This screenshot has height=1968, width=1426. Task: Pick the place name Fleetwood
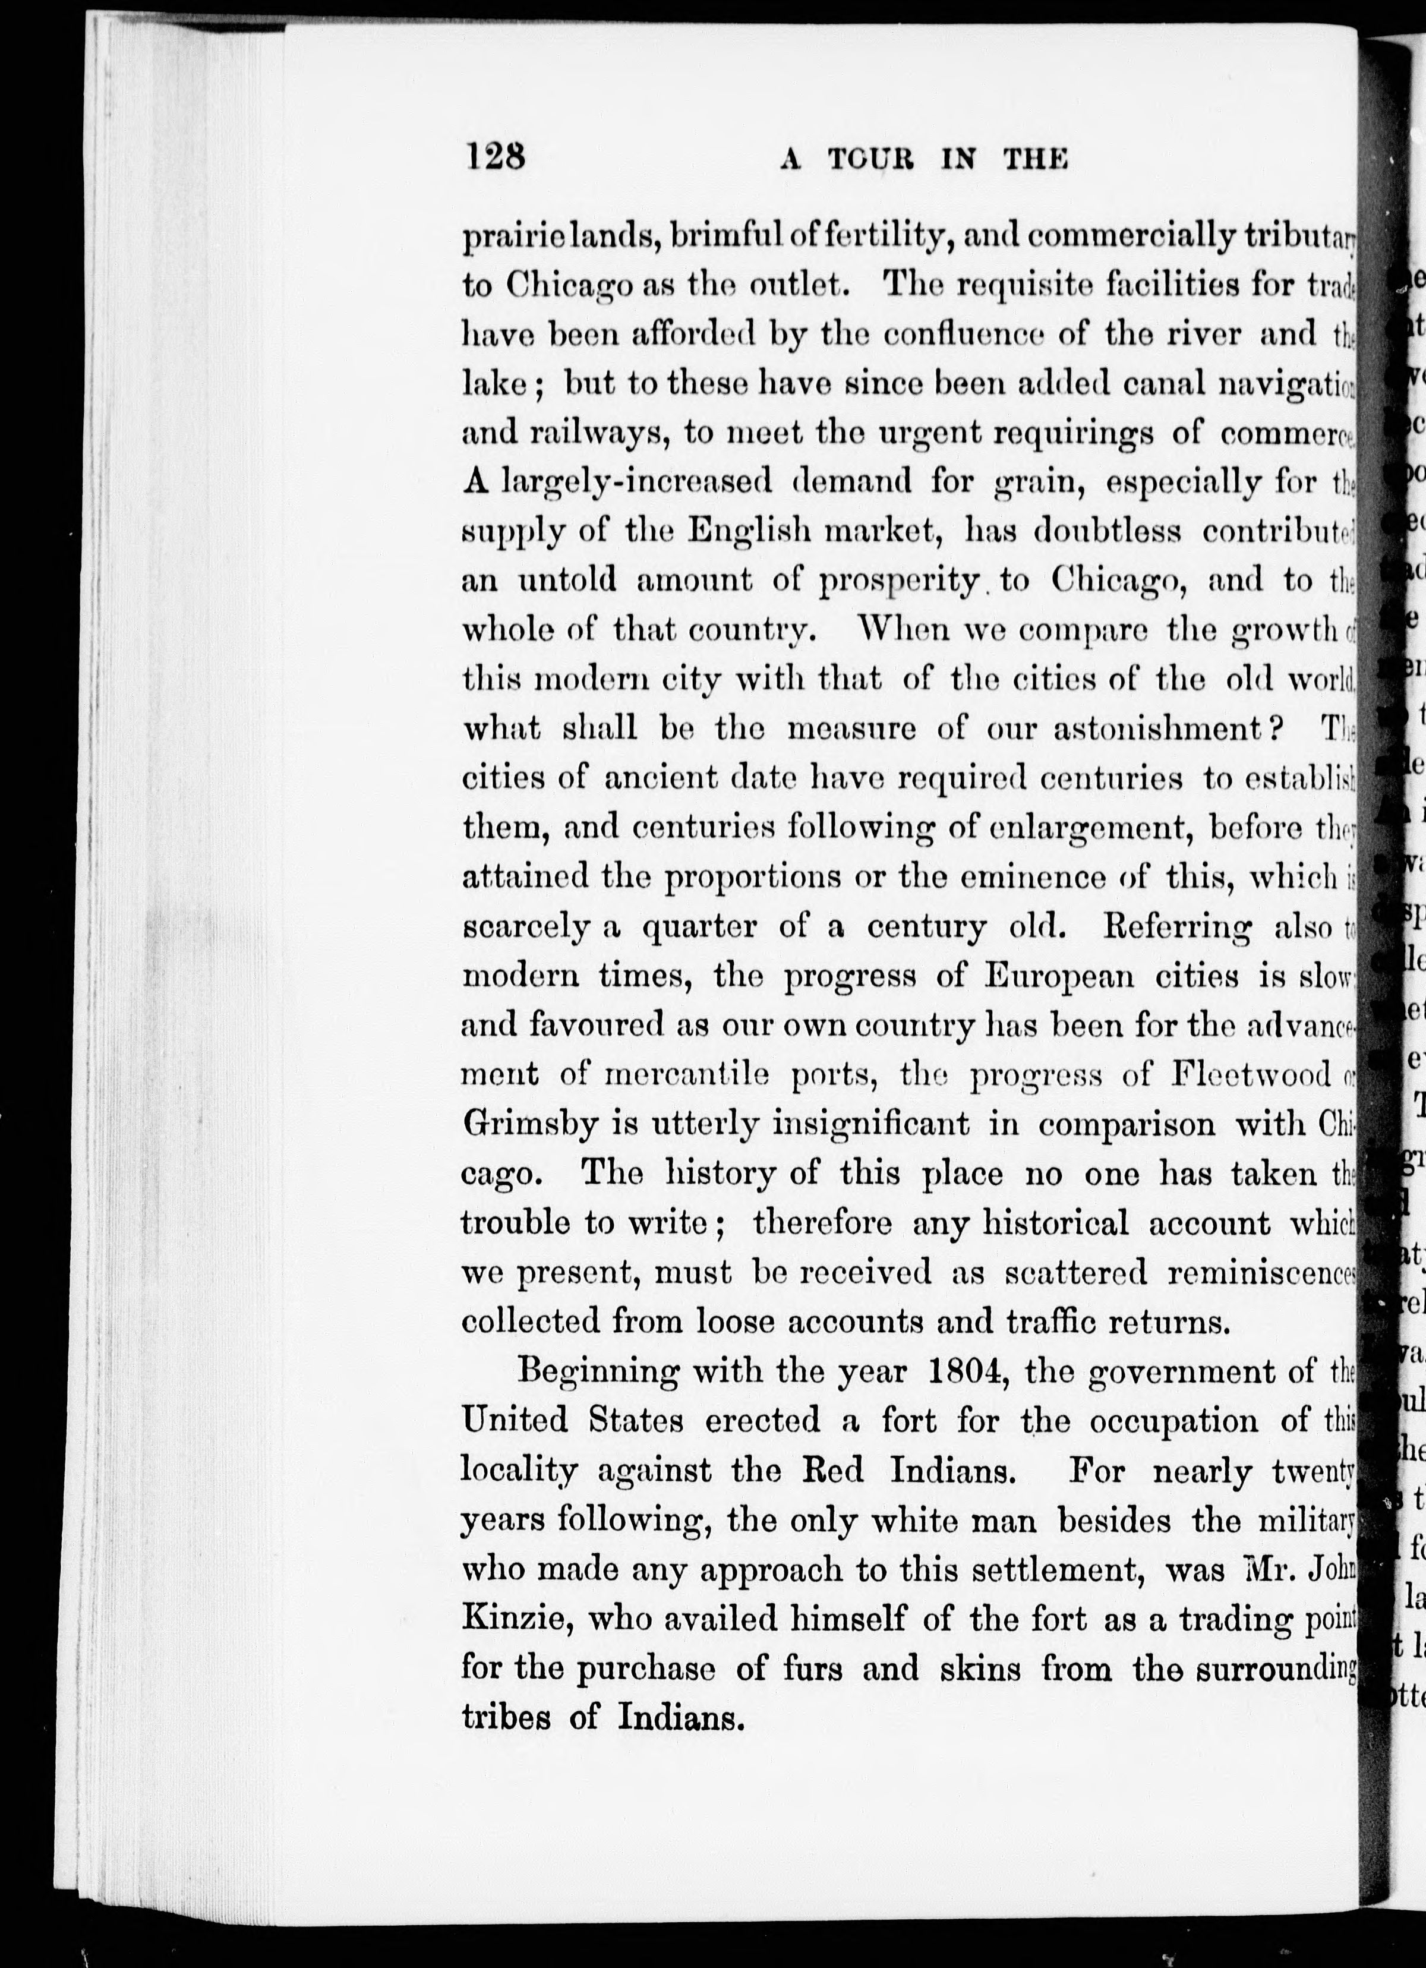[x=1251, y=1075]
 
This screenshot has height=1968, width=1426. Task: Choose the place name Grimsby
[x=531, y=1125]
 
